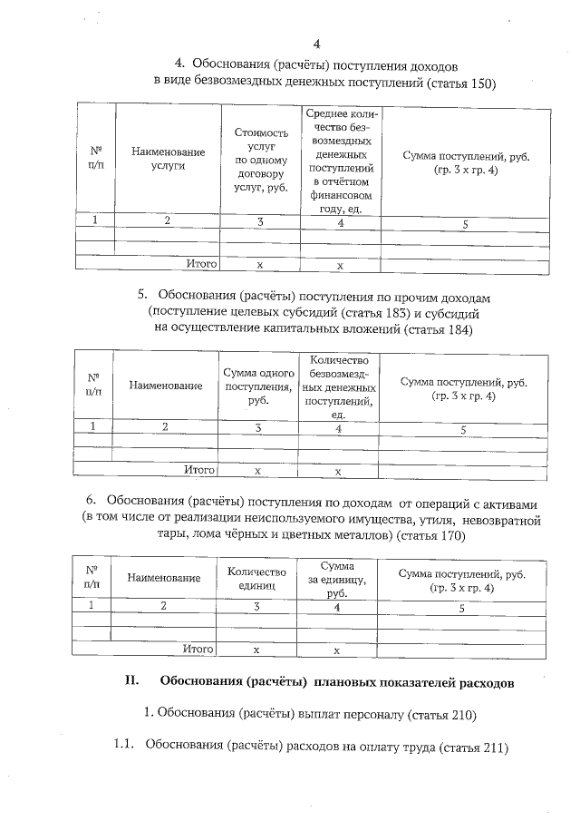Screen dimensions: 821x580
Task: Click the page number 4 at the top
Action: pos(316,44)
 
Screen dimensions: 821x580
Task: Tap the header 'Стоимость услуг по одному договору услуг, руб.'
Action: pos(260,160)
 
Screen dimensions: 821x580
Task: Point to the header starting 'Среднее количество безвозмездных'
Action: pos(341,160)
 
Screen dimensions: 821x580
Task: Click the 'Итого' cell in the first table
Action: pos(201,264)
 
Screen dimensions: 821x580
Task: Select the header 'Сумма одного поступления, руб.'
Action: pos(260,386)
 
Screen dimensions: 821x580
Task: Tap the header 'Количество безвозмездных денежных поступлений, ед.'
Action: pos(339,386)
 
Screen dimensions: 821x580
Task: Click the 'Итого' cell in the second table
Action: pos(199,470)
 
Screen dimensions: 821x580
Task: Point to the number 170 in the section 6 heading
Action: pos(452,535)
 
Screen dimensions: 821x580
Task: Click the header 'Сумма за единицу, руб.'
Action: pos(336,579)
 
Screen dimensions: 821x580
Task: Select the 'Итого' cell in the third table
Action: pos(198,650)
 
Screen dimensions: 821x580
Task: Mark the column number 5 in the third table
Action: pos(461,608)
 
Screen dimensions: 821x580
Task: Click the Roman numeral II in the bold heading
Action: pos(130,680)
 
